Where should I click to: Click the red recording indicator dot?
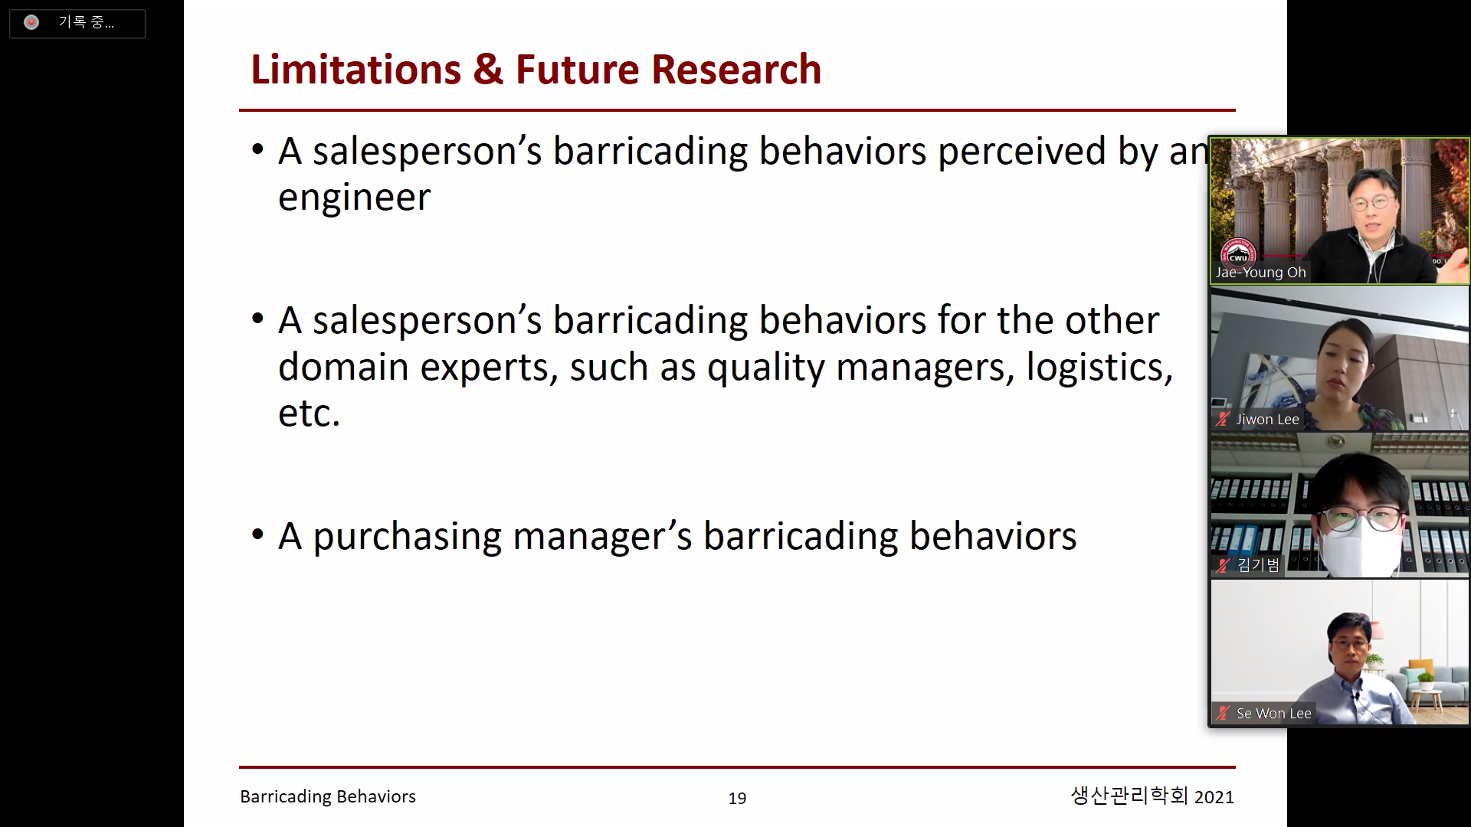point(31,23)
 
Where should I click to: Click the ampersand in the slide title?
point(488,70)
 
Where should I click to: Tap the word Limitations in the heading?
point(355,70)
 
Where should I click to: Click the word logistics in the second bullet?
point(1099,368)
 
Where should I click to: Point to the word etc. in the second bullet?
point(309,413)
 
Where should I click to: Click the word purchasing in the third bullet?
point(407,538)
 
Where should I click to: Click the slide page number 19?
point(737,799)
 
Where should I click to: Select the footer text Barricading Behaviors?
point(328,796)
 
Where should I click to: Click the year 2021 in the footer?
point(1214,797)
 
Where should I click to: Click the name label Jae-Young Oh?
point(1260,273)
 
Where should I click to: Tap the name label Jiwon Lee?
point(1267,420)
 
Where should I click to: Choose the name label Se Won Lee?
point(1273,714)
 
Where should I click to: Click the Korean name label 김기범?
point(1258,565)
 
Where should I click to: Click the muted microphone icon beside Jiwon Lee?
point(1223,419)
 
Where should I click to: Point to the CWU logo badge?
point(1238,255)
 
